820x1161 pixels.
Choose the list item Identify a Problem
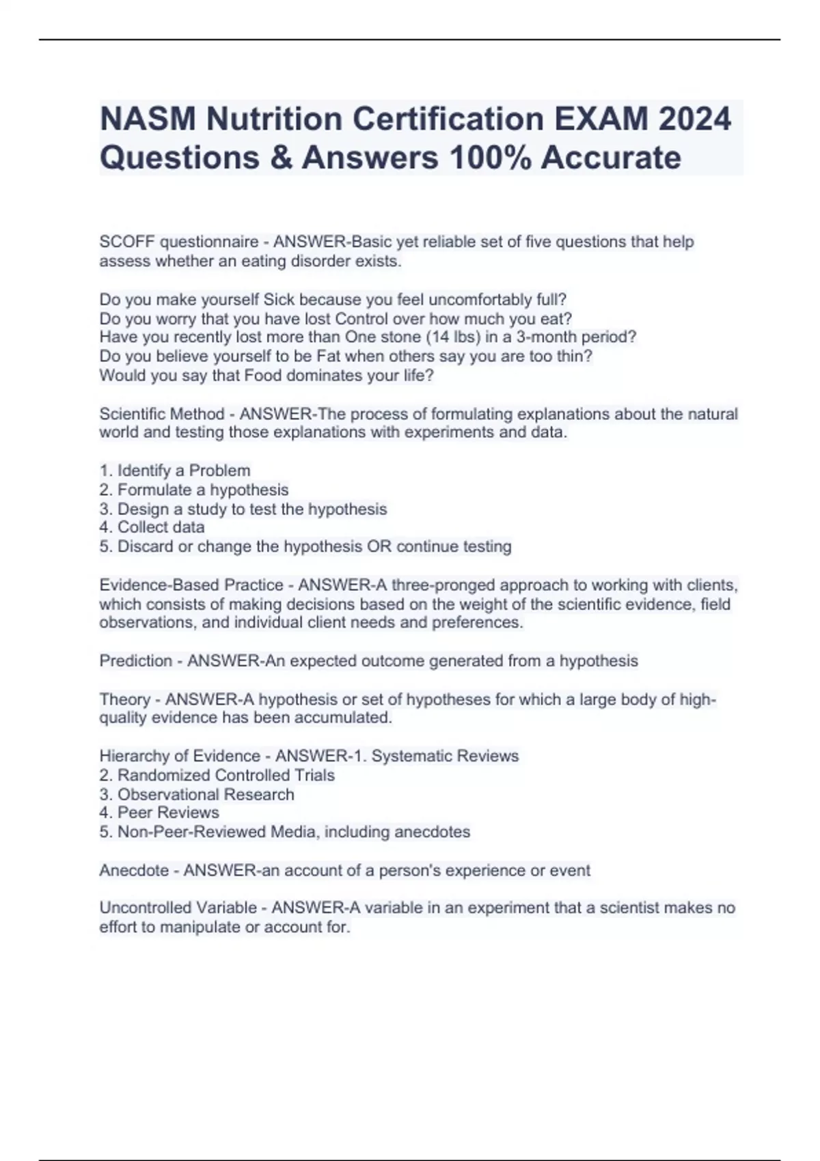pyautogui.click(x=183, y=471)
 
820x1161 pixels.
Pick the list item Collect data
pyautogui.click(x=161, y=527)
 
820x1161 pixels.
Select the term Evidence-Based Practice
pyautogui.click(x=191, y=585)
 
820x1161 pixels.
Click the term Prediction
pyautogui.click(x=135, y=661)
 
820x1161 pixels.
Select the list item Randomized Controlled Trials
pyautogui.click(x=225, y=775)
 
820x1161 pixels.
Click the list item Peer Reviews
pyautogui.click(x=168, y=813)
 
